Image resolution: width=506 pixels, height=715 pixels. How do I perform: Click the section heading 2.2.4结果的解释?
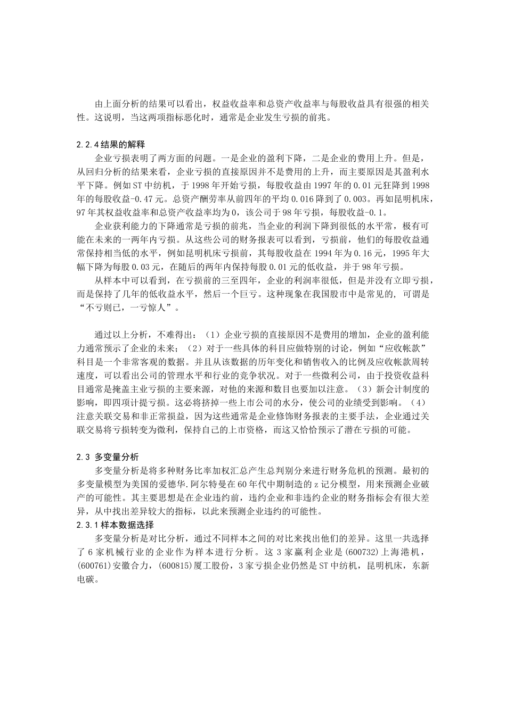coord(111,144)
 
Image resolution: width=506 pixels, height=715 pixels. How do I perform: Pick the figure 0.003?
coord(353,199)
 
